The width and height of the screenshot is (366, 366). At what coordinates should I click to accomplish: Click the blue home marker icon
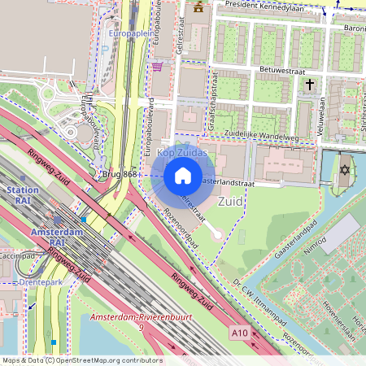(x=183, y=176)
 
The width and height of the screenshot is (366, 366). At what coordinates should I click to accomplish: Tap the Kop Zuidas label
(x=182, y=153)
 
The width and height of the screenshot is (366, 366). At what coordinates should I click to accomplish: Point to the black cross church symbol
(x=309, y=84)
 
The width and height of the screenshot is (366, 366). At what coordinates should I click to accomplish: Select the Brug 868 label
(x=119, y=174)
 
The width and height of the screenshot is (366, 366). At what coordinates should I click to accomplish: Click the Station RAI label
(x=22, y=195)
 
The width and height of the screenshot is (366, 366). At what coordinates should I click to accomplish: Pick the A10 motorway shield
(x=238, y=333)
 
